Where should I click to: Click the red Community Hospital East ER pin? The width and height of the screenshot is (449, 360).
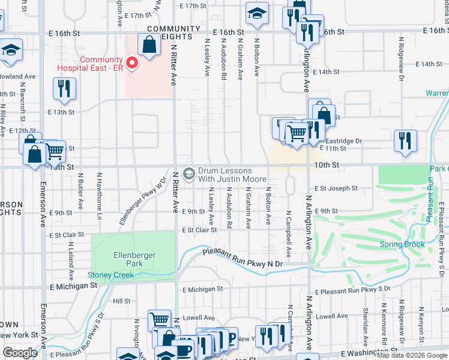coord(131,62)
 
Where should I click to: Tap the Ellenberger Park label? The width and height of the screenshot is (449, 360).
coord(135,259)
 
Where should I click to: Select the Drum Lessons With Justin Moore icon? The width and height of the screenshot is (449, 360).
coord(188,174)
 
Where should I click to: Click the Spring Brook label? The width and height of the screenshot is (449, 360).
coord(402,244)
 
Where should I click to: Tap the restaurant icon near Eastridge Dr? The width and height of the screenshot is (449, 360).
coord(405,141)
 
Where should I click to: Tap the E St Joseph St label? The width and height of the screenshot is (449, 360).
coord(336,188)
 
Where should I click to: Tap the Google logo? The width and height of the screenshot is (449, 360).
coord(20,353)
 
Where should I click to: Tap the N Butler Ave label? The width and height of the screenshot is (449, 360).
coord(80,191)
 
